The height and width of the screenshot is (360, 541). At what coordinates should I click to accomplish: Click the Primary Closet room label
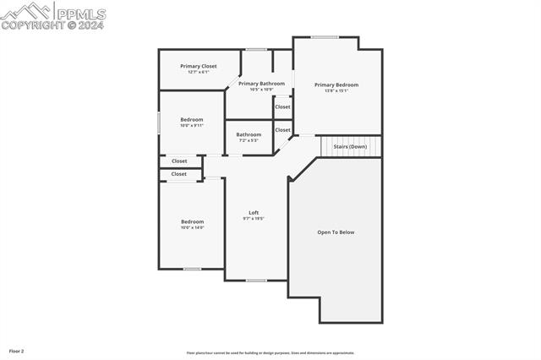(199, 66)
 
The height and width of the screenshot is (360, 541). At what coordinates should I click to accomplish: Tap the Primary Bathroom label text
(261, 84)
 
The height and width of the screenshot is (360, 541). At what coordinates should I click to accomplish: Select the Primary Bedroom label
(336, 85)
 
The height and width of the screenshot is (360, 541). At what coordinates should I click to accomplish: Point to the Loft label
(254, 212)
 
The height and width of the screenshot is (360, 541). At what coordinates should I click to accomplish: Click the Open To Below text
(336, 232)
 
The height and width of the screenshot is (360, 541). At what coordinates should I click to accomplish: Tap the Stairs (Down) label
(350, 146)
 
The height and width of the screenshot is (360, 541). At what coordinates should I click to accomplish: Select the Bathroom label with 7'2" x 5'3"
(249, 134)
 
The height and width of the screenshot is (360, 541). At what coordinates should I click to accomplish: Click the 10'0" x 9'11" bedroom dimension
(192, 126)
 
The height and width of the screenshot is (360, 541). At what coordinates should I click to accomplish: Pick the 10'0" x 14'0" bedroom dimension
(192, 227)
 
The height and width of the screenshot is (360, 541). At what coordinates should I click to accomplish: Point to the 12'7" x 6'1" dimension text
(199, 72)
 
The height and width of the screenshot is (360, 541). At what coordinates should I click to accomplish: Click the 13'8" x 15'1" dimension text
(336, 90)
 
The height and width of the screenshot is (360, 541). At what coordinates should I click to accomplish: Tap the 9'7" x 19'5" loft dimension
(254, 218)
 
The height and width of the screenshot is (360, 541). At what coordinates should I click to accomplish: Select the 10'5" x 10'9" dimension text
(261, 90)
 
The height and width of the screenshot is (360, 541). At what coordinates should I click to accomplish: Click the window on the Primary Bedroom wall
(325, 36)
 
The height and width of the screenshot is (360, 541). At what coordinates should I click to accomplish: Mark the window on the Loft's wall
(256, 280)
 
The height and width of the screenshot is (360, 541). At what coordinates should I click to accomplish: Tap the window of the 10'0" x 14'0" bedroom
(192, 269)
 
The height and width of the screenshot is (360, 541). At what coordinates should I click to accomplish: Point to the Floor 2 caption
(17, 350)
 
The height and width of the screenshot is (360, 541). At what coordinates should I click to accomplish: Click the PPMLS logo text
(79, 14)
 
